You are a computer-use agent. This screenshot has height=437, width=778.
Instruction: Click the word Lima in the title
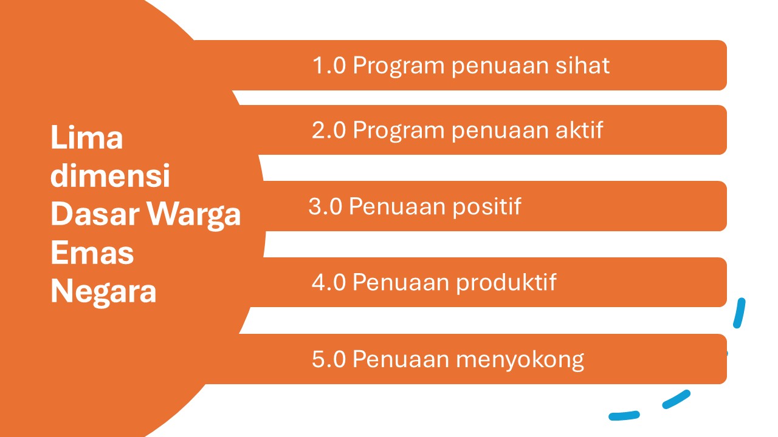click(87, 137)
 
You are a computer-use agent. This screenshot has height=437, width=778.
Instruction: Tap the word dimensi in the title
click(110, 175)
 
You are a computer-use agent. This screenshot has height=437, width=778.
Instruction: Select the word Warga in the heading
click(194, 215)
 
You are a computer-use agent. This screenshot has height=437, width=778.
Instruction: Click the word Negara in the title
click(103, 292)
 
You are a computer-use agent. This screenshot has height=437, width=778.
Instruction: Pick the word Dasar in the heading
click(95, 214)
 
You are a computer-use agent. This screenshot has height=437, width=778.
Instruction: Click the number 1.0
click(329, 65)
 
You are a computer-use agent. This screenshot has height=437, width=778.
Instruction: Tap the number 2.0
click(329, 130)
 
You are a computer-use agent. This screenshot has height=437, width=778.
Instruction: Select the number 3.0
click(325, 206)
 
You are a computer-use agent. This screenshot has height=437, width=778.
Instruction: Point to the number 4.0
click(329, 282)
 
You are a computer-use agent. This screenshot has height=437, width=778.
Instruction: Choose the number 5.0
click(329, 359)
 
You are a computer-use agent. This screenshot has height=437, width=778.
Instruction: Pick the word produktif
click(506, 283)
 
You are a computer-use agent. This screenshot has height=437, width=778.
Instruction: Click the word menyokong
click(520, 361)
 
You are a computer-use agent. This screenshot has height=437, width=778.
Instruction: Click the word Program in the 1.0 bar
click(399, 66)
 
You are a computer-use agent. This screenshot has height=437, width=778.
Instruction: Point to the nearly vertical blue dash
click(739, 313)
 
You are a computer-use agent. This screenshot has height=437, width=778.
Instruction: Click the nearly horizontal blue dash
click(624, 415)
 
